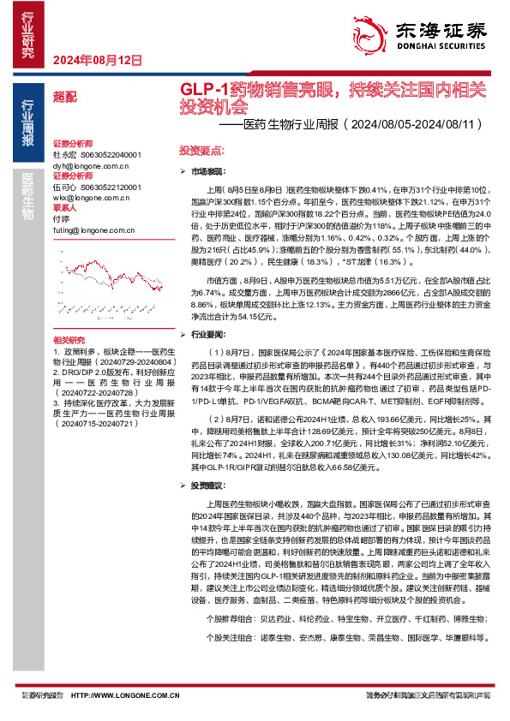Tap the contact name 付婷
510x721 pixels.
click(x=61, y=219)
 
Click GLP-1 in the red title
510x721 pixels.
click(x=203, y=90)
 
